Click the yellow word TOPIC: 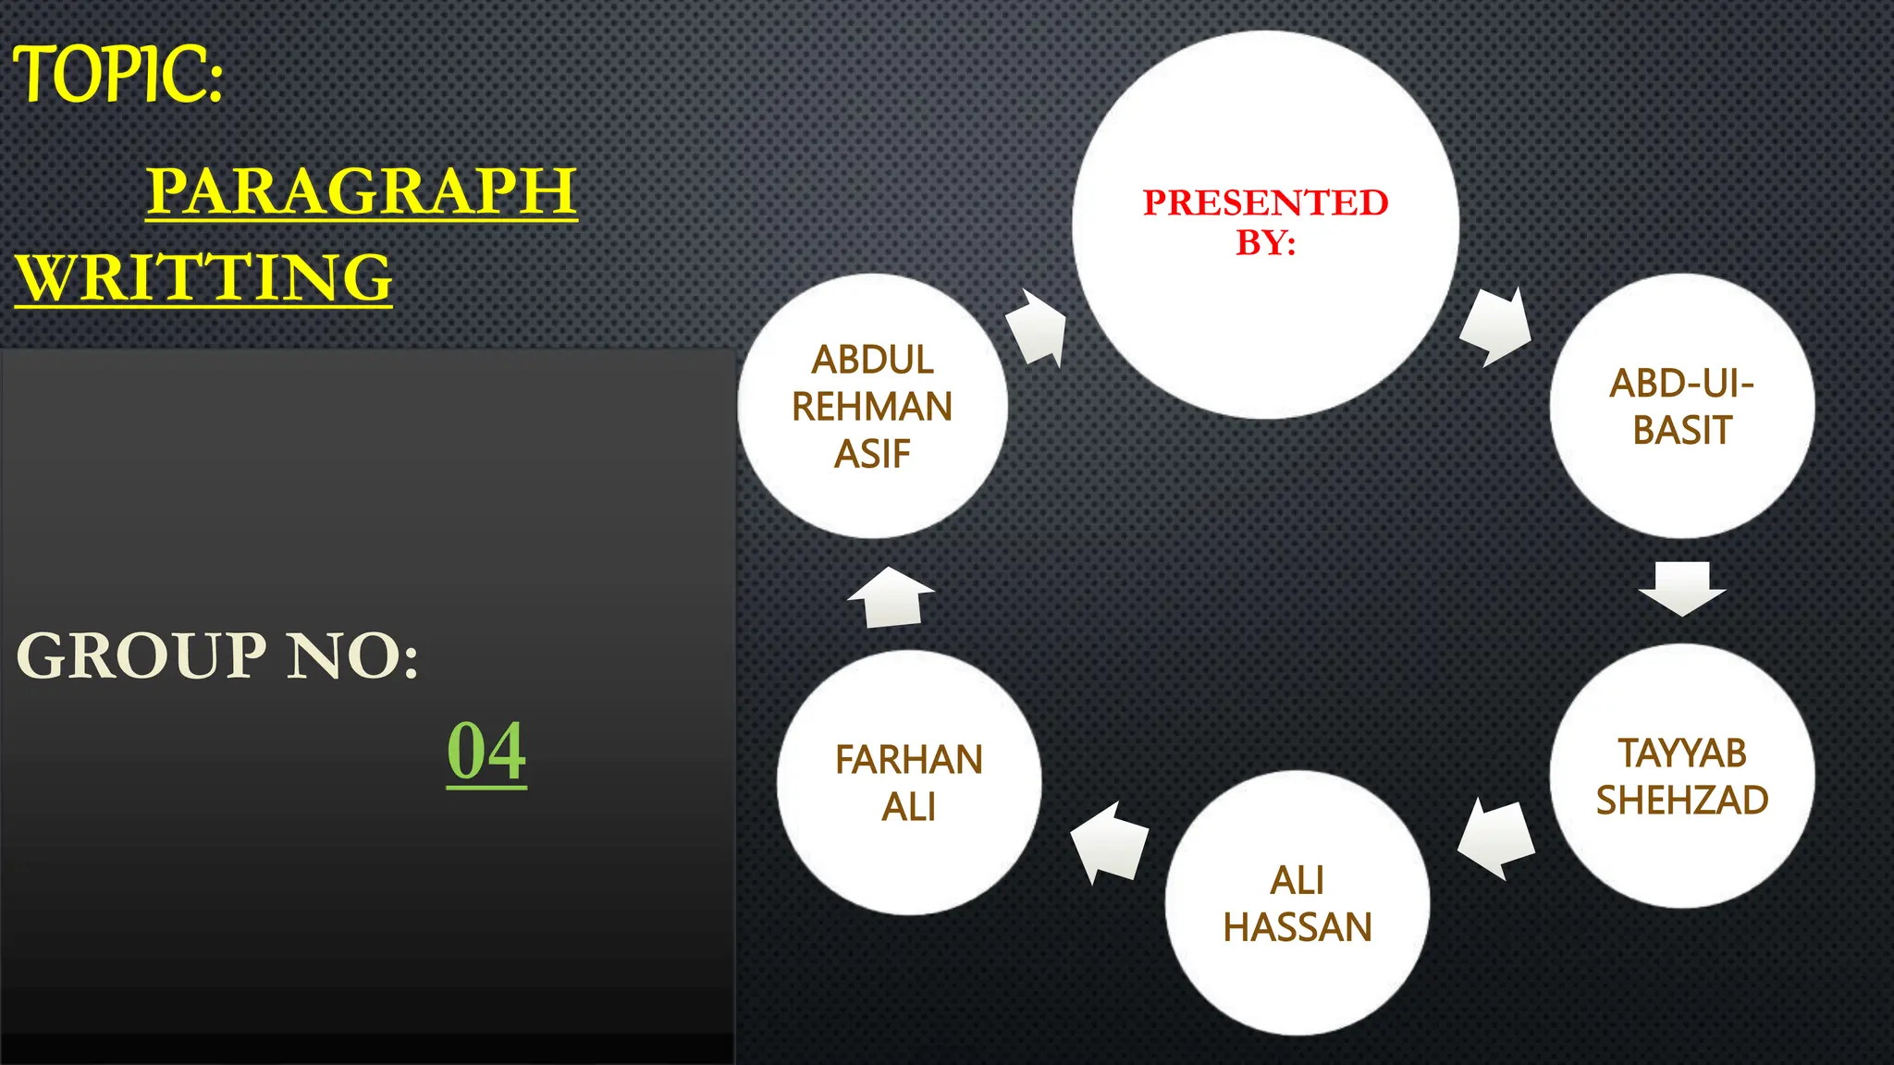(x=117, y=74)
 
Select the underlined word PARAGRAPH (x=362, y=190)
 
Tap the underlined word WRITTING (x=204, y=277)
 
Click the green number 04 (x=486, y=751)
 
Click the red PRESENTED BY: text (x=1265, y=222)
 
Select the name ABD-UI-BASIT (x=1681, y=407)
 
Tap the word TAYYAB (x=1681, y=753)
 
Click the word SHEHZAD (x=1681, y=801)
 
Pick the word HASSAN (x=1298, y=927)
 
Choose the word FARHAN (x=909, y=760)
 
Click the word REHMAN (x=872, y=407)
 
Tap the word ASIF (x=872, y=454)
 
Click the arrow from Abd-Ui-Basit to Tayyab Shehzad (x=1682, y=587)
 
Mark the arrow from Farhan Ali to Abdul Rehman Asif (x=891, y=597)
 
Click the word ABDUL (x=872, y=360)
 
